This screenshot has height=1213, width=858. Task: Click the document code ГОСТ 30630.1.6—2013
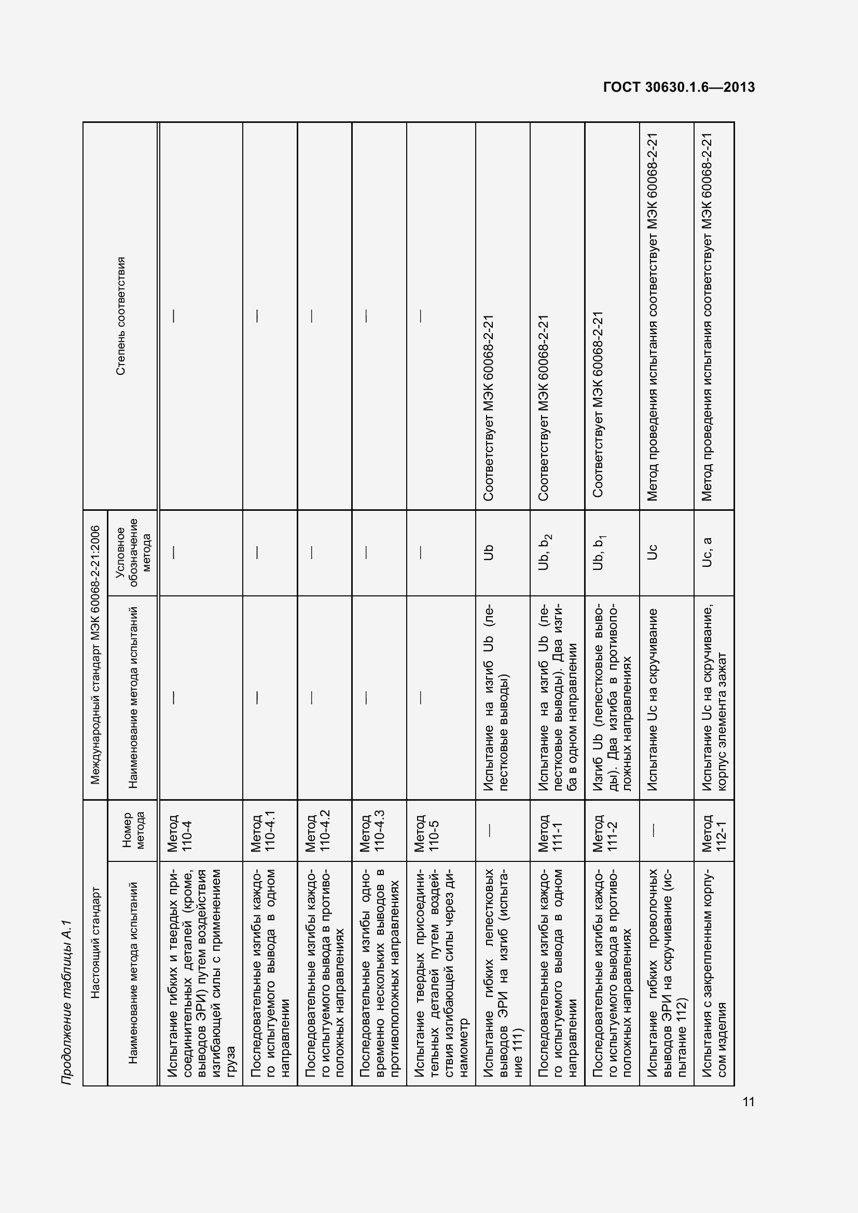pyautogui.click(x=679, y=87)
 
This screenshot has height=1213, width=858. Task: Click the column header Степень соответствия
pyautogui.click(x=121, y=316)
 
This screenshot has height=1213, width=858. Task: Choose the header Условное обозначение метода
pyautogui.click(x=133, y=553)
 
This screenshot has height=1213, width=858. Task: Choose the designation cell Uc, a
pyautogui.click(x=708, y=553)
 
